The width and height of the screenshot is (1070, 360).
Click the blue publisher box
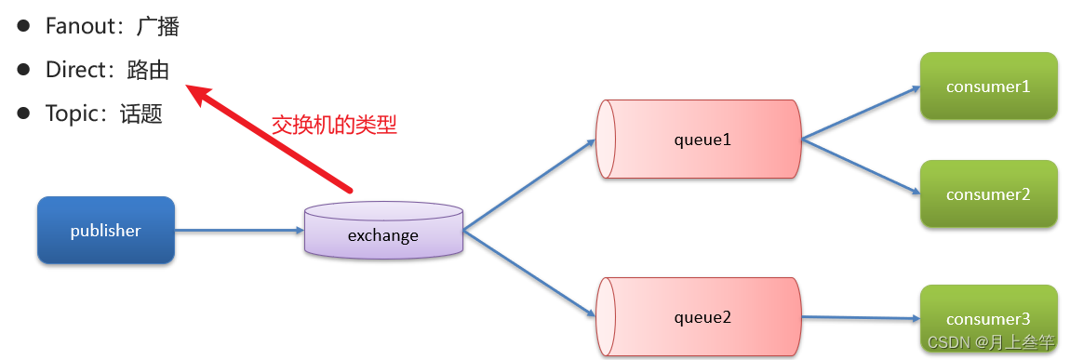tap(105, 230)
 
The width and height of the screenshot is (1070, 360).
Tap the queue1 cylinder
tap(699, 140)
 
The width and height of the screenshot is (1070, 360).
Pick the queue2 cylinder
tap(699, 316)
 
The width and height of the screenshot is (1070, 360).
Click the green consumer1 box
tap(988, 87)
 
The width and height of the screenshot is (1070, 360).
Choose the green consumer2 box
tap(988, 194)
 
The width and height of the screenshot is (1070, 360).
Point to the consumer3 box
tap(988, 311)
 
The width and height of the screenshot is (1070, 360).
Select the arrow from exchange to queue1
tap(528, 185)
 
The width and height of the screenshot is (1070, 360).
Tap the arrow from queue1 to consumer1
tap(861, 113)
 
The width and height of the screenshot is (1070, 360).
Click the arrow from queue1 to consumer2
tap(861, 167)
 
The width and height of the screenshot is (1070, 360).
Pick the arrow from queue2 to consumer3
tap(861, 317)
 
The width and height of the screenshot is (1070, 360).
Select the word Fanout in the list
tap(77, 26)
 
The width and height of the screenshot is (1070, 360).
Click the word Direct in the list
tap(74, 70)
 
